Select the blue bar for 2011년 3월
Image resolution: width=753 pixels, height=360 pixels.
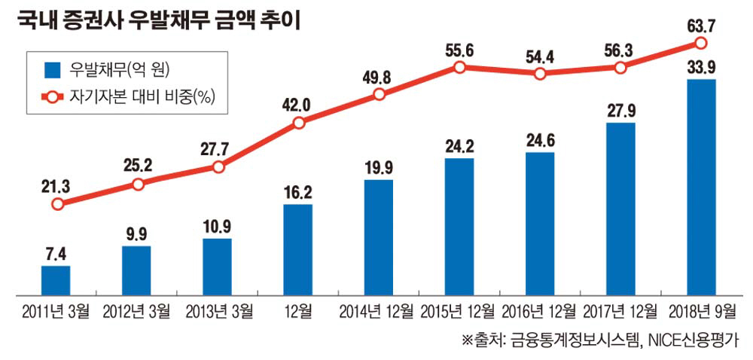tap(55, 279)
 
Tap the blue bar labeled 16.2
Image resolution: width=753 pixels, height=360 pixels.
tap(298, 249)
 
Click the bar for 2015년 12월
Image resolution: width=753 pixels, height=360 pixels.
tap(459, 226)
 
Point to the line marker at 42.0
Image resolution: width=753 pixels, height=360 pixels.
tap(299, 122)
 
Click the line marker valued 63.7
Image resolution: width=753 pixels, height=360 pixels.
tap(701, 43)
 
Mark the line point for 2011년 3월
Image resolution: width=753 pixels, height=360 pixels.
tap(56, 203)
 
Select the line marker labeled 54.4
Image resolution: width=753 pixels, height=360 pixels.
tap(540, 74)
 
